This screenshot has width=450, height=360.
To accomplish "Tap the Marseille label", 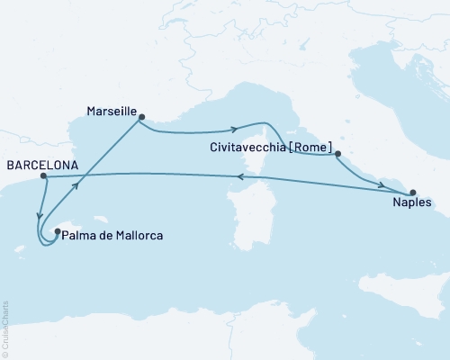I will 111,112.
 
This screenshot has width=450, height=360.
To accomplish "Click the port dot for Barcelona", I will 43,176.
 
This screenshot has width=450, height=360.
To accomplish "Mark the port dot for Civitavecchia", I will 337,155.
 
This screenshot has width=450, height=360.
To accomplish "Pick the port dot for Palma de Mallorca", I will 58,232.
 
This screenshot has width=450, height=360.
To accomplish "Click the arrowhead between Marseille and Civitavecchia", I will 234,128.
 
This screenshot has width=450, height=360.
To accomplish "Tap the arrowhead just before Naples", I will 382,185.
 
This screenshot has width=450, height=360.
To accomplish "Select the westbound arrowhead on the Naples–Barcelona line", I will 240,177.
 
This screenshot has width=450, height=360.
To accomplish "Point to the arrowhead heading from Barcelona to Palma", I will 39,214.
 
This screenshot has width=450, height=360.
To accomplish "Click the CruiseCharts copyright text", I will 6,328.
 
